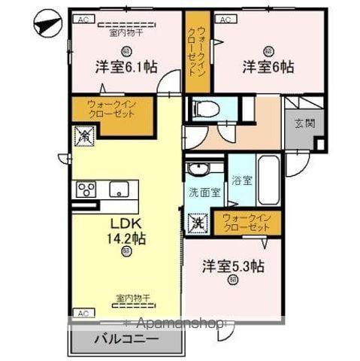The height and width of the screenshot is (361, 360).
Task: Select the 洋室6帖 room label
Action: coord(268,65)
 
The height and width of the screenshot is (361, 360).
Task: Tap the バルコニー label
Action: coord(126,339)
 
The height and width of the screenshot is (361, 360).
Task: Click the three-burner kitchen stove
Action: coord(84,189)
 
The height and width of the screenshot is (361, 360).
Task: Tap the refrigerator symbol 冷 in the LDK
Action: coord(83,137)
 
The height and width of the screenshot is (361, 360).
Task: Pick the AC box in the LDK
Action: coord(83,311)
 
